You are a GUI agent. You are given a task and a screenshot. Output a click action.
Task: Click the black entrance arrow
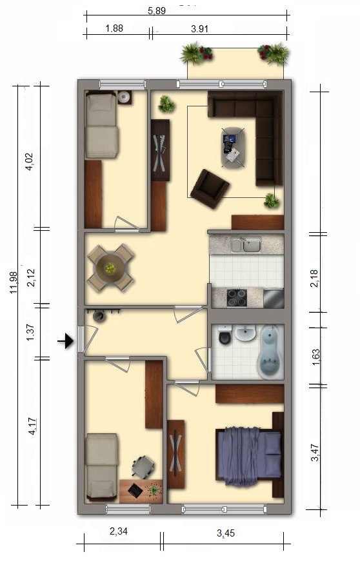click(66, 341)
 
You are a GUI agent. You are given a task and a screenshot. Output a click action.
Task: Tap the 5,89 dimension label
click(157, 11)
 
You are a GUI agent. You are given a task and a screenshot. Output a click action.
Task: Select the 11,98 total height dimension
click(14, 282)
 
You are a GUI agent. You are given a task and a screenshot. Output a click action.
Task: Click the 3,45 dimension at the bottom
click(226, 533)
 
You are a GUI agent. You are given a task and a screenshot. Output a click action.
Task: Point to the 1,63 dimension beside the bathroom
click(315, 357)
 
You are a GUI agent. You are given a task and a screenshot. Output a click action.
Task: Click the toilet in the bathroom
click(225, 335)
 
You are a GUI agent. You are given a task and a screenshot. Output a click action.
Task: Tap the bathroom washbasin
click(245, 333)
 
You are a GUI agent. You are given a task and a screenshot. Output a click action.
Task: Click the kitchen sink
click(246, 245)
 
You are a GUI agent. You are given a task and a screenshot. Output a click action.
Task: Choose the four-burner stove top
click(237, 297)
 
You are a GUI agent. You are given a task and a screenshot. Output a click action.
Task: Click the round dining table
click(110, 268)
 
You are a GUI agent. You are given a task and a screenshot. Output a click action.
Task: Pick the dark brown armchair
click(210, 189)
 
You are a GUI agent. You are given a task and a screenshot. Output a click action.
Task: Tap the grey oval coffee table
click(234, 148)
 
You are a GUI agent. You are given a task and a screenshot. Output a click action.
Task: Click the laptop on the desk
click(135, 490)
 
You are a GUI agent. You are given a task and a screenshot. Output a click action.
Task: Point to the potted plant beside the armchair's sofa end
click(272, 201)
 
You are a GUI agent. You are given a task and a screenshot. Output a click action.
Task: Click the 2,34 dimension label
click(119, 531)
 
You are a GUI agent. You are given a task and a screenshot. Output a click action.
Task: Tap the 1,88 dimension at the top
click(114, 28)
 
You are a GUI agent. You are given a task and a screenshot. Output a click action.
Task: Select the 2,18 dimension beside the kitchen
click(314, 279)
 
